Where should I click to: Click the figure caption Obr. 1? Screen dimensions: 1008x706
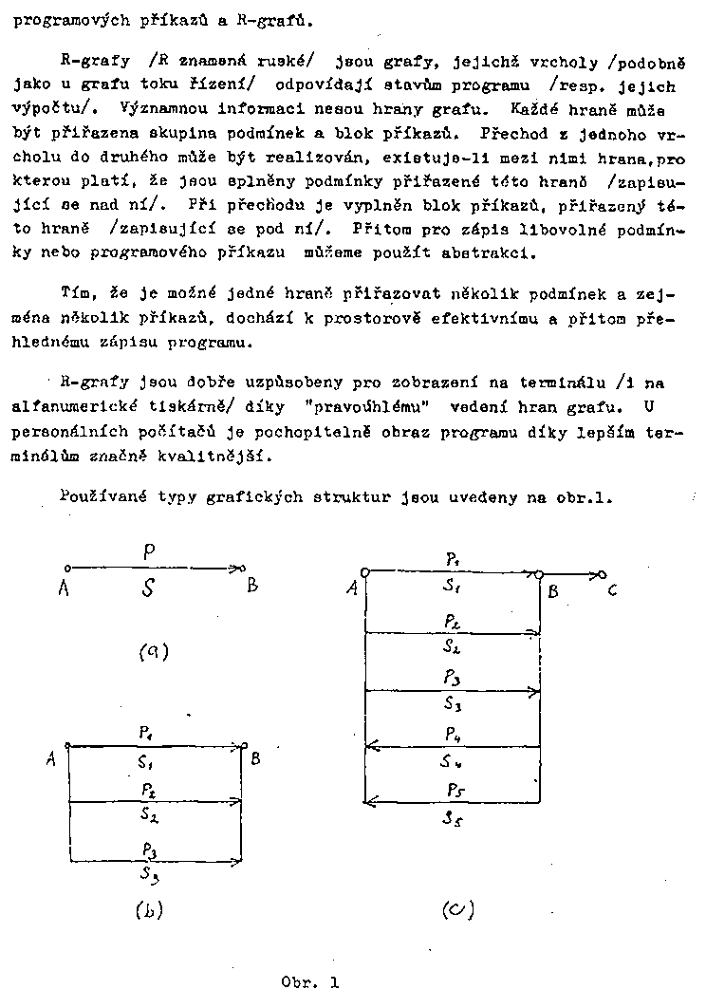(x=310, y=982)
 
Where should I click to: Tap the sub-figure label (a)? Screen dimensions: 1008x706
(x=153, y=651)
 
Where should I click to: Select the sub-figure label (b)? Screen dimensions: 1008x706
(x=149, y=909)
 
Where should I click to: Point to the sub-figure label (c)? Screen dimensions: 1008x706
(x=458, y=909)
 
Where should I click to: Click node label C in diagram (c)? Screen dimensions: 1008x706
(x=613, y=590)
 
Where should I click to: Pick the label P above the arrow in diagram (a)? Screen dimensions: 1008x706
(x=148, y=550)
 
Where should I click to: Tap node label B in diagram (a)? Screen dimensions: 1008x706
(x=252, y=586)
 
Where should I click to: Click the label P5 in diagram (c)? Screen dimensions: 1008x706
(x=455, y=790)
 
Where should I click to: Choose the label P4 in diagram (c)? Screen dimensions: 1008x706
(x=454, y=734)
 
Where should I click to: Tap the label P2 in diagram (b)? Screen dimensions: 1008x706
(x=150, y=790)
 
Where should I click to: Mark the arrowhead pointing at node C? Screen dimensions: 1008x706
(x=599, y=574)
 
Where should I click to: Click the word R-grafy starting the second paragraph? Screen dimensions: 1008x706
(x=87, y=64)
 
